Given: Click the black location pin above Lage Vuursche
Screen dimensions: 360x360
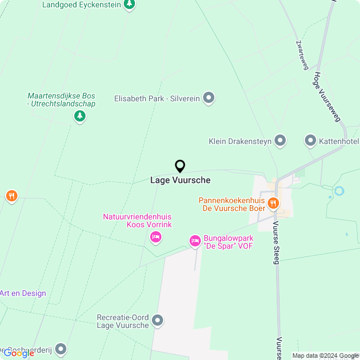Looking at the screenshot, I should tap(180, 166).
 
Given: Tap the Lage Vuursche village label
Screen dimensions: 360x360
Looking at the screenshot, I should tap(180, 180).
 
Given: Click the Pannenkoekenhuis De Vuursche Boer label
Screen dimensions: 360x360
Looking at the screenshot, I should tap(232, 204).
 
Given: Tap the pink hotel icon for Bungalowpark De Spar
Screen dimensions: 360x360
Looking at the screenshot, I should tap(195, 241).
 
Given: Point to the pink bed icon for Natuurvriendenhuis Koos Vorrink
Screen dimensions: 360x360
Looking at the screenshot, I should tap(156, 237).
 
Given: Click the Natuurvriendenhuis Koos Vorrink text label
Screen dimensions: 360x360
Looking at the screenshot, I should tap(137, 220).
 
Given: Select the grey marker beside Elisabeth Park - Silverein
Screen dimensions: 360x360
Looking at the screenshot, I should tap(209, 98).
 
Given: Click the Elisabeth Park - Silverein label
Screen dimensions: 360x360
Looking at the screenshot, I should tap(157, 98).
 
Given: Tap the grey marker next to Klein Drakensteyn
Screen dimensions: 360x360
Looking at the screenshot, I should tap(280, 141).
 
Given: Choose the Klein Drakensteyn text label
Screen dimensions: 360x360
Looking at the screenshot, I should tap(239, 141).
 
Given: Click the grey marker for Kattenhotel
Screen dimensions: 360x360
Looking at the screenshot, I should tap(310, 141).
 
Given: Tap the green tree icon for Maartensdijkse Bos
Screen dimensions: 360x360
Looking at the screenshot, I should tap(80, 116).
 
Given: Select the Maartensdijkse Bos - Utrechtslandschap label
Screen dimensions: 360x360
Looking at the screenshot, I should tap(61, 100).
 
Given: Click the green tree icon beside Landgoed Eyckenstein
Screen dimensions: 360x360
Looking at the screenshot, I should tap(129, 4).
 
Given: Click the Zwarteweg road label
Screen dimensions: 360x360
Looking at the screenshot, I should tap(302, 55).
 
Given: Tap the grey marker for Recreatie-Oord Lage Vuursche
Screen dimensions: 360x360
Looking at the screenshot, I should tap(158, 321).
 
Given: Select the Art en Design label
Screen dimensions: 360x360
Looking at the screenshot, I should tap(23, 293).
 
